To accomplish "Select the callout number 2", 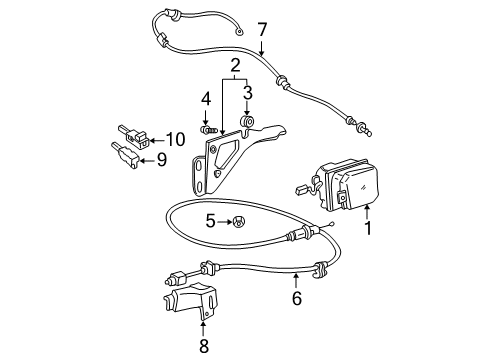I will pos(236,67).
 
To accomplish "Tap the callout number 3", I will pos(247,95).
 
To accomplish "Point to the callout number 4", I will pos(205,99).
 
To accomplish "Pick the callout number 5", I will pos(211,222).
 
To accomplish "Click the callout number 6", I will pos(295,298).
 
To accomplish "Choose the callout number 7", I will pos(262,30).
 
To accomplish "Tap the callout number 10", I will pos(176,139).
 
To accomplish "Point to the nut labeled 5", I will pos(240,222).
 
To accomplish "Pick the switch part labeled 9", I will pos(125,153).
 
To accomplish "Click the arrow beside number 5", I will pos(225,222).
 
